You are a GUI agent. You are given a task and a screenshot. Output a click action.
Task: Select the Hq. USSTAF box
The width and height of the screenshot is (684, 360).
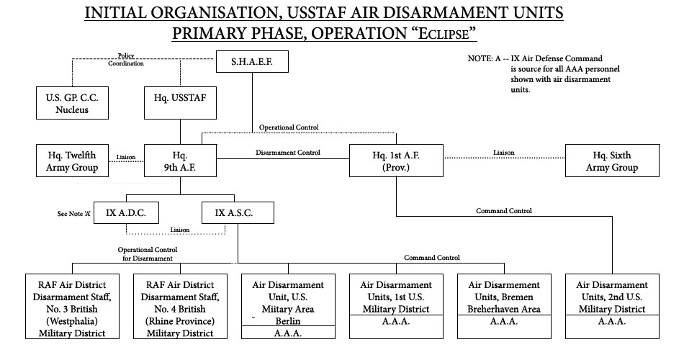coord(180,103)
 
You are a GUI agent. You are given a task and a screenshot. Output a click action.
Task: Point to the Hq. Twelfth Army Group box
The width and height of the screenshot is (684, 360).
coord(72,161)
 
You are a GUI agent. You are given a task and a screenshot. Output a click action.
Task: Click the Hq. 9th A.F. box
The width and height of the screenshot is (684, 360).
coord(180,161)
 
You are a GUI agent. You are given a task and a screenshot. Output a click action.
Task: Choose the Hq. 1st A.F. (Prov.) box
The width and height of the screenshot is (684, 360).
coord(396,161)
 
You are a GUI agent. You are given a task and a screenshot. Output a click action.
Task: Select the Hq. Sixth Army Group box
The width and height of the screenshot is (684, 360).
coord(611,161)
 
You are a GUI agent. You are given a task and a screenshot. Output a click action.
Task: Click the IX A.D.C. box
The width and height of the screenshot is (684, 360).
coord(127,212)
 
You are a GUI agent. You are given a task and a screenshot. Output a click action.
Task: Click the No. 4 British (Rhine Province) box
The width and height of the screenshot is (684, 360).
coord(179,306)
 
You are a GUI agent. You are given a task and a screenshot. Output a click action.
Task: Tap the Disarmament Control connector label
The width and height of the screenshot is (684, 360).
coord(288,152)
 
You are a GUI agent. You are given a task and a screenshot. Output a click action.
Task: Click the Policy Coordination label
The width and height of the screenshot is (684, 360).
coord(126,59)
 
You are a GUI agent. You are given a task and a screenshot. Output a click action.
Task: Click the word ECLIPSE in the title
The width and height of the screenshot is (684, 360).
coord(446,33)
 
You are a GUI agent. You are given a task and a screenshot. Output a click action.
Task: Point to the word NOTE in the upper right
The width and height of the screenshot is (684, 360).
coord(480,58)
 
